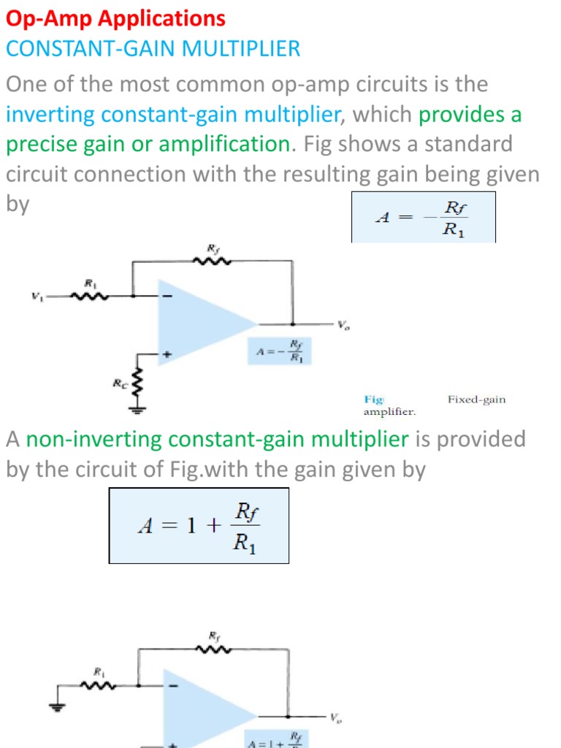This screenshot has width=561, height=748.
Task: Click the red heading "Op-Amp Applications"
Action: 115,18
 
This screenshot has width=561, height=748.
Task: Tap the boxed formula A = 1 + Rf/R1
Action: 199,526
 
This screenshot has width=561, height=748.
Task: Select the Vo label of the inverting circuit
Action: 343,326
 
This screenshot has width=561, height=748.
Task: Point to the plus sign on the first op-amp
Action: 167,354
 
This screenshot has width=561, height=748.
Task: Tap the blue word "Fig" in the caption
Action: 374,400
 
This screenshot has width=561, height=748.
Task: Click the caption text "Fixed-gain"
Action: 476,400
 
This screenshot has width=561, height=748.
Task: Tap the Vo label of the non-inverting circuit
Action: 335,717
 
